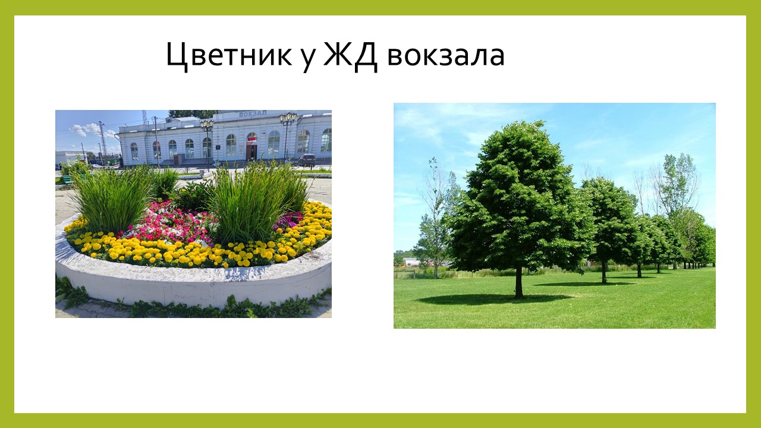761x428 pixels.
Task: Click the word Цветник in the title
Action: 229,55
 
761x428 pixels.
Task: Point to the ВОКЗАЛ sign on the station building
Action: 253,114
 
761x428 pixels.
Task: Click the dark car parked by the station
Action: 307,160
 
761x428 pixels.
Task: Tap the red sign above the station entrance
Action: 251,139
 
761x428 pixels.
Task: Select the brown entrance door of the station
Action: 251,153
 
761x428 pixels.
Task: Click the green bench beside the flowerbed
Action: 68,180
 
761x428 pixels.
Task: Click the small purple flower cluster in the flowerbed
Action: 288,220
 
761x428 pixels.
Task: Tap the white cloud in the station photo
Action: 91,131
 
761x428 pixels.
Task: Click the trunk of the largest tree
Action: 518,282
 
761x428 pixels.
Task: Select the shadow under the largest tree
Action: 493,298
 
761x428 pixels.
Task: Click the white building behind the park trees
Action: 411,262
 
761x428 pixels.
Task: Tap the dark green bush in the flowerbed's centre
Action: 193,196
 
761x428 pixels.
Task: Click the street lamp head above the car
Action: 288,118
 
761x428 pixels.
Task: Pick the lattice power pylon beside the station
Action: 103,141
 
